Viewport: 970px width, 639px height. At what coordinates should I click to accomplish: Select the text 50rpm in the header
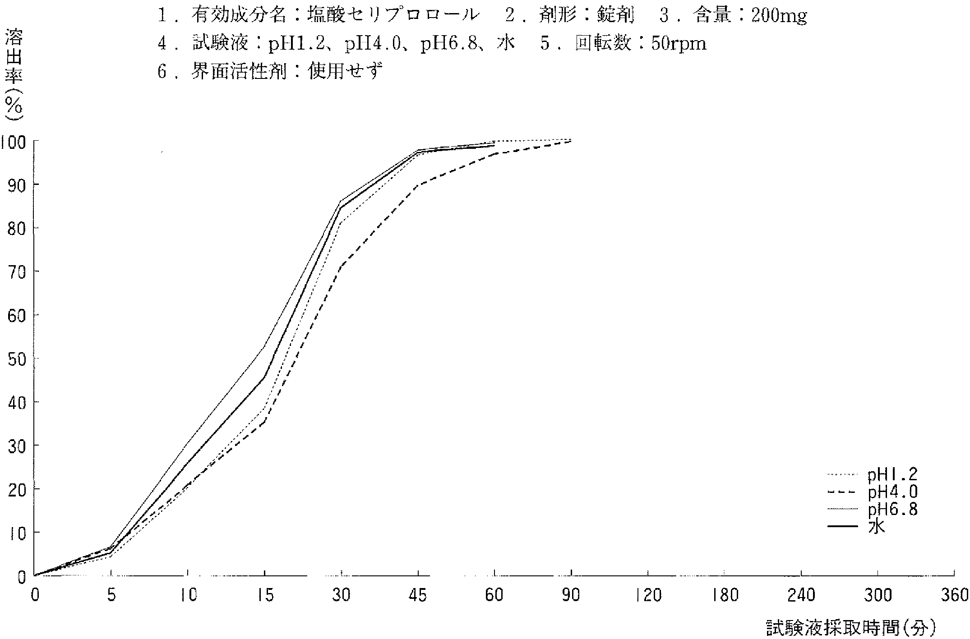click(x=679, y=44)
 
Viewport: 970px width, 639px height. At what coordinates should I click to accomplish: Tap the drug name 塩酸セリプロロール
click(x=393, y=16)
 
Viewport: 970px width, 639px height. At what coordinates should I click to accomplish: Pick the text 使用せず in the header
click(x=345, y=71)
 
